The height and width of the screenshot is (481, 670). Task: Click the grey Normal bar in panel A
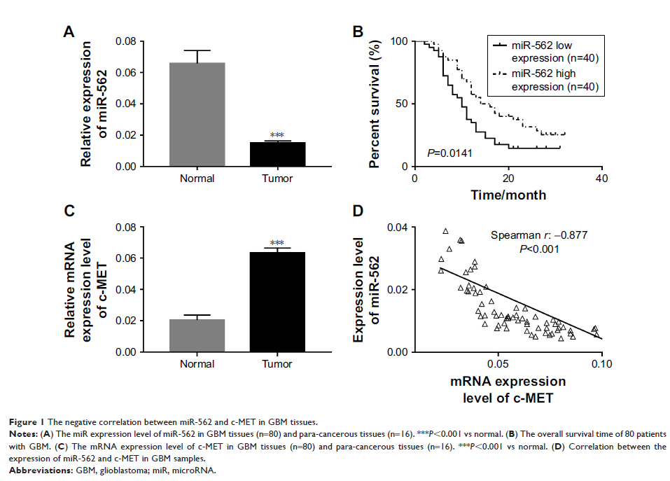tap(197, 115)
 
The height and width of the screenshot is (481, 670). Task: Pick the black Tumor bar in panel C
tap(277, 302)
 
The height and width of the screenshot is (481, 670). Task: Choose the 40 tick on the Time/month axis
tap(601, 178)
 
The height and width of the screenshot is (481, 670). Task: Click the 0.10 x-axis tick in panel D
tap(601, 364)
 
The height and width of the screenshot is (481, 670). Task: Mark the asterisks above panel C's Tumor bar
tap(277, 243)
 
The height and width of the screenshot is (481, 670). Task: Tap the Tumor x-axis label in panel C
tap(277, 364)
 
